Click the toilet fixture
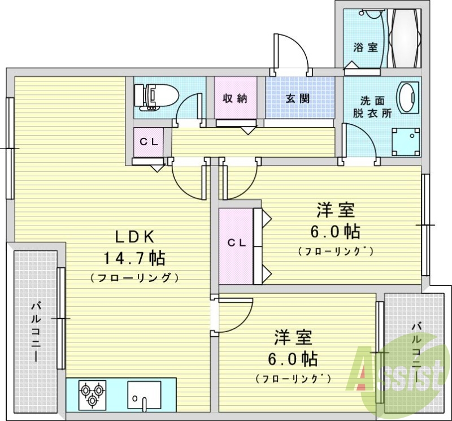tap(157, 97)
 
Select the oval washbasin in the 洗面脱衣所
tap(407, 97)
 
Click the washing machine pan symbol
tap(406, 142)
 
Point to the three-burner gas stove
tap(92, 395)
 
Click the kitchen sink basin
tap(144, 396)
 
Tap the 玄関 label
tap(298, 99)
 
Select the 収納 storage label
tap(235, 99)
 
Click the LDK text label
tap(135, 237)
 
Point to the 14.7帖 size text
tap(134, 258)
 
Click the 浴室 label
tap(366, 47)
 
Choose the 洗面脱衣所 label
tap(372, 107)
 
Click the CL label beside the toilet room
tap(149, 142)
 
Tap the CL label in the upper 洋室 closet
tap(237, 243)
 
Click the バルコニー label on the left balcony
tap(37, 331)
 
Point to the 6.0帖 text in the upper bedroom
tap(335, 231)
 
